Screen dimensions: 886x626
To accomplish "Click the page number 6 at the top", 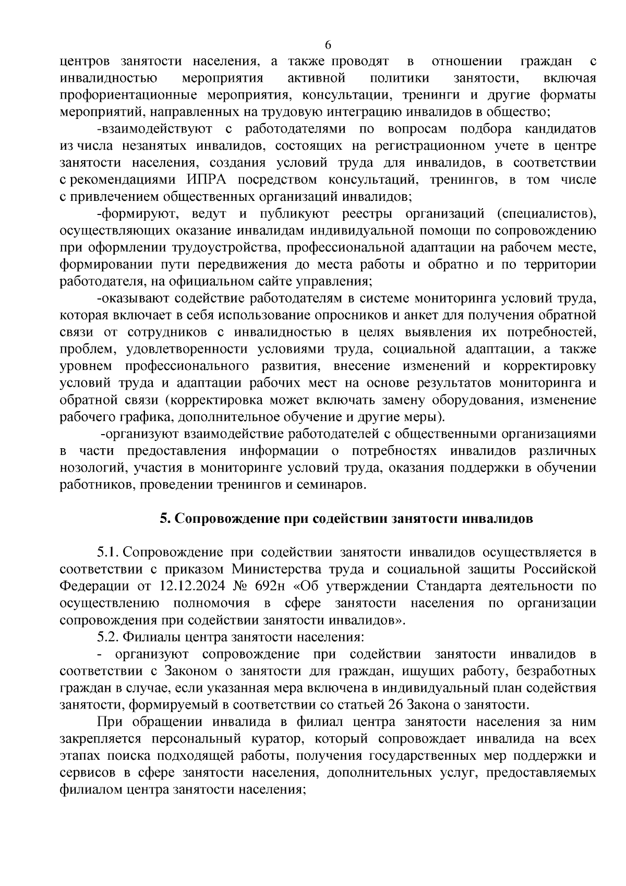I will point(328,44).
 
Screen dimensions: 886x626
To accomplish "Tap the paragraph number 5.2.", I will point(108,637).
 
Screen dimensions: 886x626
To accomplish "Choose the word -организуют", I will point(139,434).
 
